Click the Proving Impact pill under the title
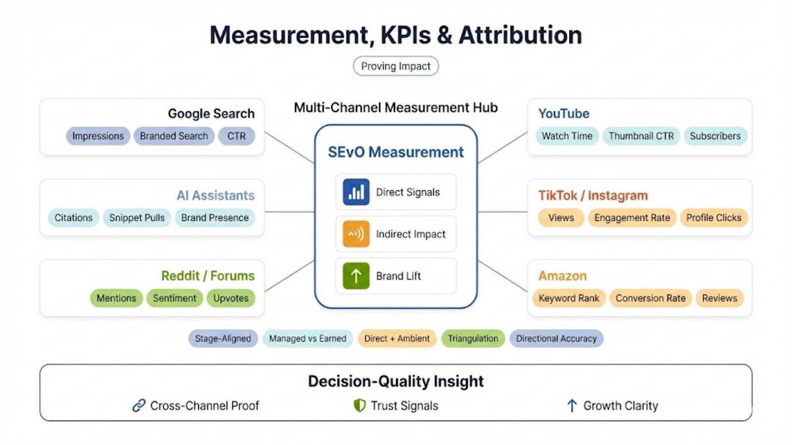click(x=396, y=66)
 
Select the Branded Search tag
click(x=174, y=136)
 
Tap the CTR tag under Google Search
click(x=237, y=136)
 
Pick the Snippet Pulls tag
click(x=137, y=218)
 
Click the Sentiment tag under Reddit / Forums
click(x=174, y=298)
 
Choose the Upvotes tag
click(x=231, y=298)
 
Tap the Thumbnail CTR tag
click(x=641, y=136)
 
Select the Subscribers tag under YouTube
click(x=715, y=136)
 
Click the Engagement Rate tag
click(x=632, y=218)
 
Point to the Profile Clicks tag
click(x=714, y=218)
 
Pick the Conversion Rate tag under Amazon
click(x=650, y=298)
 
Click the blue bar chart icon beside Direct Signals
click(x=356, y=192)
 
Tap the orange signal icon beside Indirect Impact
click(x=356, y=234)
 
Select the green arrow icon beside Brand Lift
click(x=356, y=276)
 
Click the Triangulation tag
click(x=473, y=339)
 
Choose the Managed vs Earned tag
click(x=307, y=339)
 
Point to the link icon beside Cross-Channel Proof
click(x=139, y=405)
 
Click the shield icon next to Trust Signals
click(x=359, y=405)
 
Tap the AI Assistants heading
click(x=215, y=195)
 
